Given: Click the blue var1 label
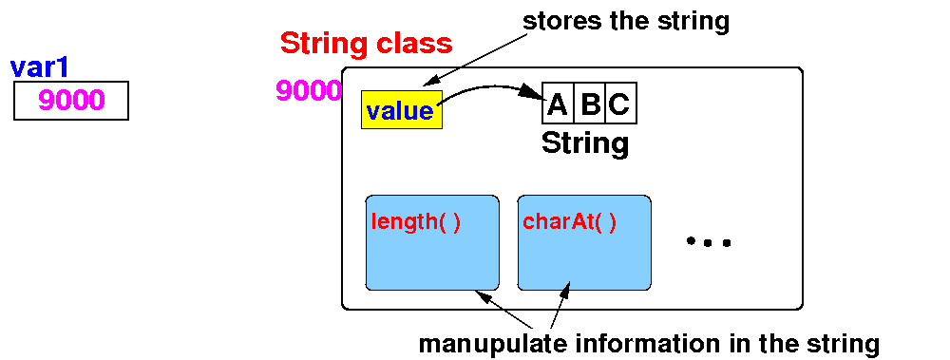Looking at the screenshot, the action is (40, 68).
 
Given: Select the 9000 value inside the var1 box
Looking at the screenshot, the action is (71, 100).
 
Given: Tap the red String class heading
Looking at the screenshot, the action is (366, 43).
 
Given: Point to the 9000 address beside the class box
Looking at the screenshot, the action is (309, 90).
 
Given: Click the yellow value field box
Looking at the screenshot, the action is (402, 109).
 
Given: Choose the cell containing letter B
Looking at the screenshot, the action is (590, 103).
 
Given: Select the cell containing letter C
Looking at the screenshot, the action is (621, 103).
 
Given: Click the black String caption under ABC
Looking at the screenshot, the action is (584, 143).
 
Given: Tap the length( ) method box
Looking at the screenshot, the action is (432, 242).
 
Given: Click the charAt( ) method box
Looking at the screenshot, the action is (584, 242).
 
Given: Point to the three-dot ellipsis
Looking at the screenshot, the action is (709, 242).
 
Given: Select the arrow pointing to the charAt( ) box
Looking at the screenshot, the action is (561, 306).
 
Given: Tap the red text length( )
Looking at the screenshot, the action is (416, 223).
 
